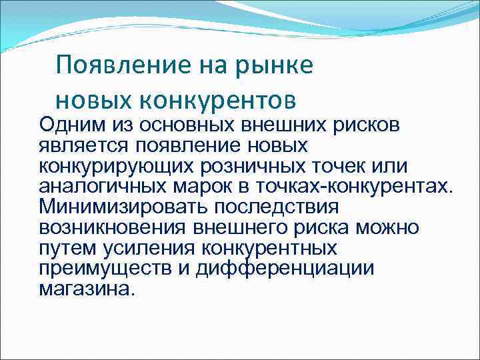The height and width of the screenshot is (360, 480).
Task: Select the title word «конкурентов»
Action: tap(217, 100)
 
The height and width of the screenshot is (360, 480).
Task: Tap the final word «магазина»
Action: tap(87, 289)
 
